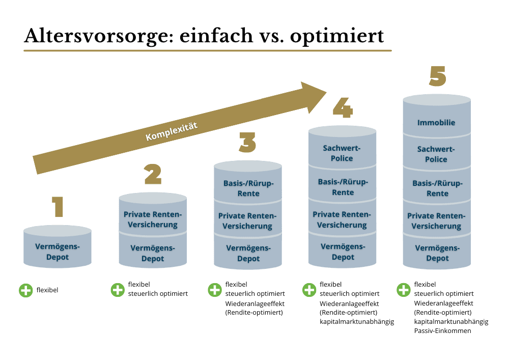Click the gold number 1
pos(58,207)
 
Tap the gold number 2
pos(152,174)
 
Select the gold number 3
pos(247,142)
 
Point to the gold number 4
pos(342,107)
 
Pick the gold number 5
pos(437,76)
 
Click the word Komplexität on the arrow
pos(171,131)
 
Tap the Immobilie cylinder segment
pos(436,123)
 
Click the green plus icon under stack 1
pos(25,291)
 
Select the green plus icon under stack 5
pos(403,290)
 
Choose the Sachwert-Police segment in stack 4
pos(342,153)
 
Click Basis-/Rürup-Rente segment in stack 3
pos(248,188)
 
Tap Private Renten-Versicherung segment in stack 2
pos(152,219)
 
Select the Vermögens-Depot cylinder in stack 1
pos(58,252)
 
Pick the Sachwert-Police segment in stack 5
pos(436,154)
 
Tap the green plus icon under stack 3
pos(215,290)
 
